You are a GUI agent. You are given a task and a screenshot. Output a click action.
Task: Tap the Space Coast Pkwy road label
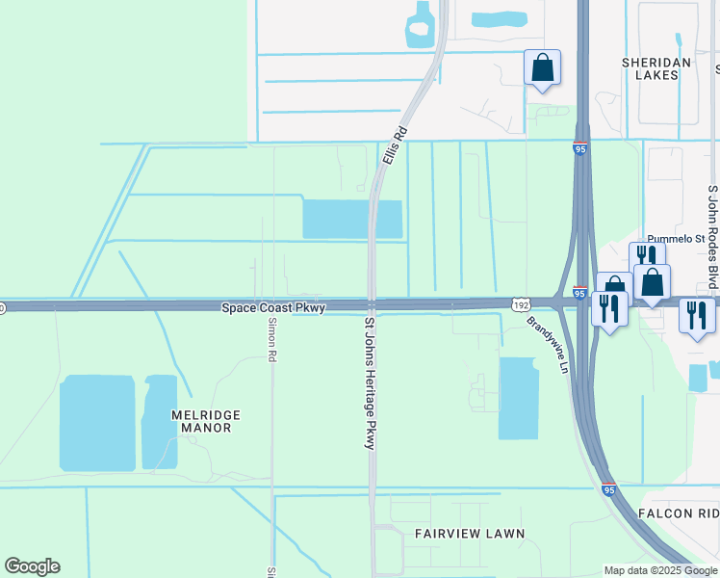(273, 307)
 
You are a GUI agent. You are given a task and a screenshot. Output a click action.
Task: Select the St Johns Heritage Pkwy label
(369, 382)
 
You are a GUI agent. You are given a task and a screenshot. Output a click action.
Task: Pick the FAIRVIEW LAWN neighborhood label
(470, 533)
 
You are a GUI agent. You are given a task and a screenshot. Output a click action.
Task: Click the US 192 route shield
(521, 302)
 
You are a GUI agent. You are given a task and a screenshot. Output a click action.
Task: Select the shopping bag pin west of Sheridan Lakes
(543, 68)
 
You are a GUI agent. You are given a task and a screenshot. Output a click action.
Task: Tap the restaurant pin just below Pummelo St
(646, 257)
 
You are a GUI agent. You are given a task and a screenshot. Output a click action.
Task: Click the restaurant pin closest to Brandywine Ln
(608, 308)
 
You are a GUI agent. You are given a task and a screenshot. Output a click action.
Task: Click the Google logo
(32, 566)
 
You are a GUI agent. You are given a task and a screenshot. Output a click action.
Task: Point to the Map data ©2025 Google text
(659, 570)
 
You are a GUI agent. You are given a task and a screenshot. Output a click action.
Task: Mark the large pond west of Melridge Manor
(97, 423)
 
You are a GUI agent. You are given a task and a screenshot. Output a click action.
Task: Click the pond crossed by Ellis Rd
(351, 219)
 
